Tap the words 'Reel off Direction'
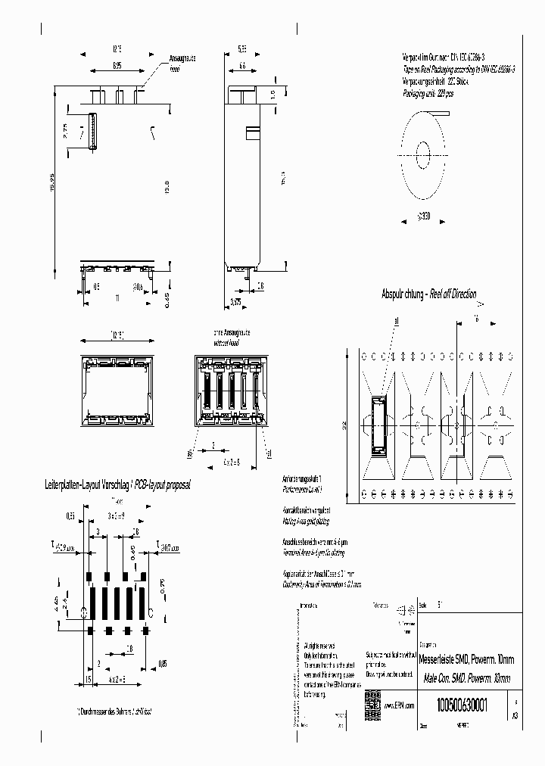point(453,294)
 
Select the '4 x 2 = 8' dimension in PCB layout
point(113,680)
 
